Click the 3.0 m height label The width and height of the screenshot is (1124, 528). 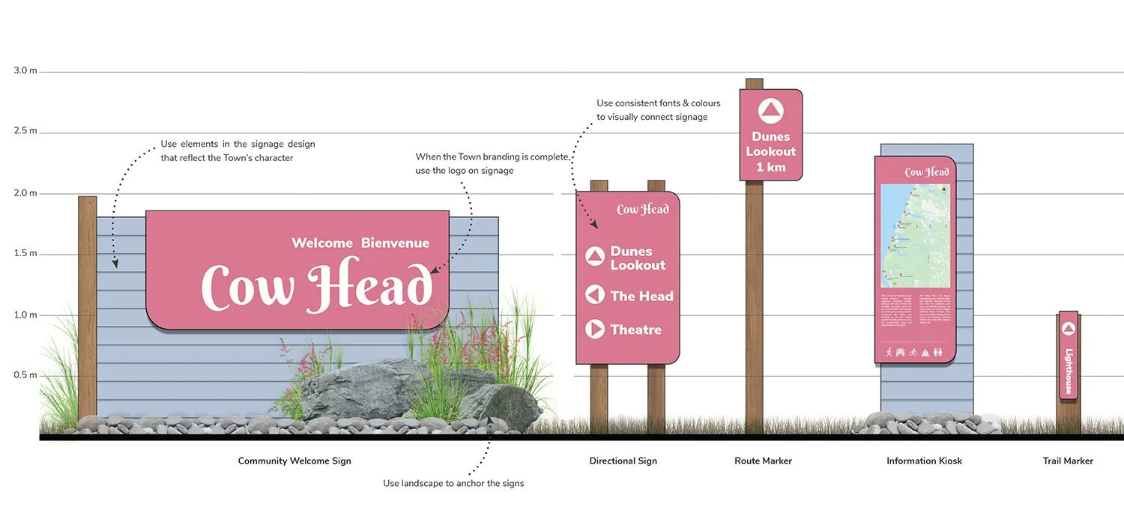point(25,70)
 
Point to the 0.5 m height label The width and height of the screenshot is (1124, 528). point(25,375)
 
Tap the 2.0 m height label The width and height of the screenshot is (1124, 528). point(25,193)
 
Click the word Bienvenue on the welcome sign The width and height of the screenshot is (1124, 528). point(395,243)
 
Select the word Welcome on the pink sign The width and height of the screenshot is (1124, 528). point(322,243)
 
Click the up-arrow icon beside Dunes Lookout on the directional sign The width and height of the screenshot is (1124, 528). point(595,257)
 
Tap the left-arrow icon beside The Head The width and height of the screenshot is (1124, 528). point(595,295)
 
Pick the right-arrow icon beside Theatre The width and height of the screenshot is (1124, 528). point(595,329)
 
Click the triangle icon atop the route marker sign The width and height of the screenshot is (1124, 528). point(770,112)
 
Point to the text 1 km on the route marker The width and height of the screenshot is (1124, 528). point(770,166)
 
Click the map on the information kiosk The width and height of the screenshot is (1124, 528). point(915,235)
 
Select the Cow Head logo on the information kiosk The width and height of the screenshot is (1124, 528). point(927,172)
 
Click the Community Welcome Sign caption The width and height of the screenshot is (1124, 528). point(294,461)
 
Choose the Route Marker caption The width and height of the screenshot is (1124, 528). point(763,461)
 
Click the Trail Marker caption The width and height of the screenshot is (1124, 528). point(1068,461)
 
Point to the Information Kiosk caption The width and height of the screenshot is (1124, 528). point(924,461)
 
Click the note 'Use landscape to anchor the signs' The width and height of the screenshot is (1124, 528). point(453,483)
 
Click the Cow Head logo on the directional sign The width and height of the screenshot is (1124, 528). point(642,210)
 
